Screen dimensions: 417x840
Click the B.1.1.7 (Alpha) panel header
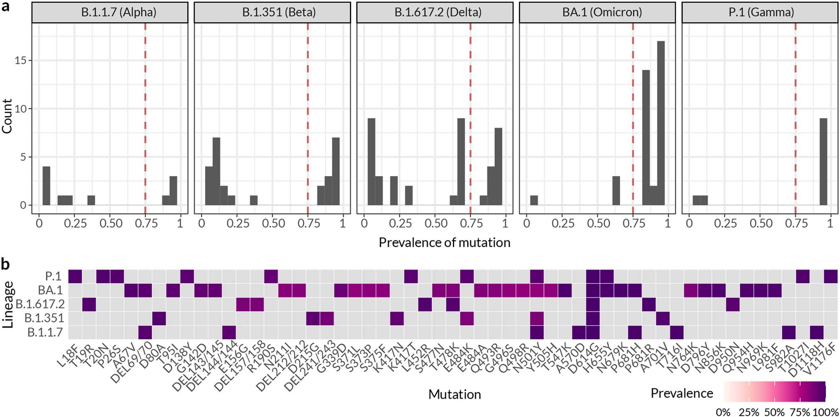(110, 12)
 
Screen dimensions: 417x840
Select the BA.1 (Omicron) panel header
(597, 12)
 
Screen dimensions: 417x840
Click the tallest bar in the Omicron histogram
(661, 123)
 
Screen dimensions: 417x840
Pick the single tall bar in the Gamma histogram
(823, 162)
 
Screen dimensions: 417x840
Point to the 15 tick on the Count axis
(20, 60)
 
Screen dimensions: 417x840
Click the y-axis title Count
(7, 116)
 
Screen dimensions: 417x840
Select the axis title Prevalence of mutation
(444, 242)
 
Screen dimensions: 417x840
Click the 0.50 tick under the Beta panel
(274, 223)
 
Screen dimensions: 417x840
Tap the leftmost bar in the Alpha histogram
(46, 186)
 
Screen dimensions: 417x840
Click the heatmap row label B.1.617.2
(40, 304)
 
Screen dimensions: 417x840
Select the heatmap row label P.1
(54, 276)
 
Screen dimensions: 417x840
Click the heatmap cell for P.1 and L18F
(75, 276)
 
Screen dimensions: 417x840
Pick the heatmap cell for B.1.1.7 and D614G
(592, 332)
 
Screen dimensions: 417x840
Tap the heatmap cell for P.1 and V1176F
(830, 276)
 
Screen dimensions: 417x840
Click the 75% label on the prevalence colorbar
(799, 412)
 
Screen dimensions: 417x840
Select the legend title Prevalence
(681, 393)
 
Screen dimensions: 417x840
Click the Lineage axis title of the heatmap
(8, 304)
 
